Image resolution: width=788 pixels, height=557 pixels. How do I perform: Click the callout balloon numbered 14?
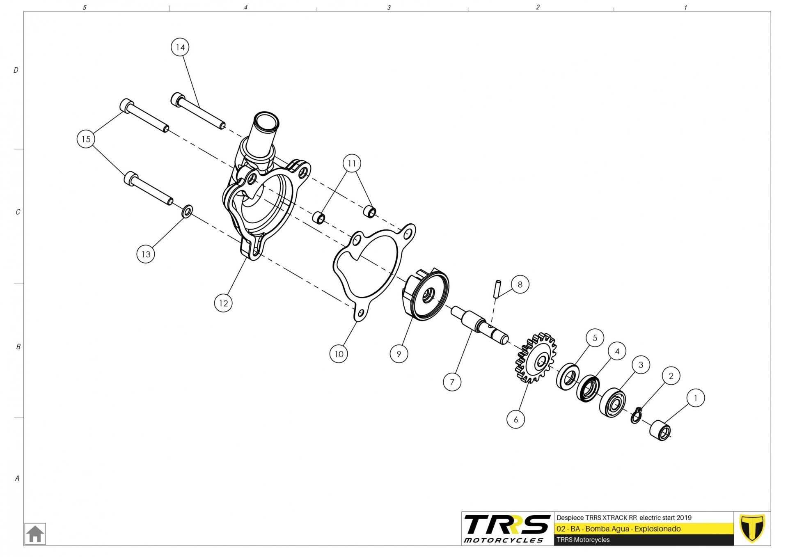click(x=180, y=47)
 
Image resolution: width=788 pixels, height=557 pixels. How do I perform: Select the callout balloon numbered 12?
click(x=223, y=303)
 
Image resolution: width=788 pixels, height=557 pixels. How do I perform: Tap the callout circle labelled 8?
click(x=520, y=284)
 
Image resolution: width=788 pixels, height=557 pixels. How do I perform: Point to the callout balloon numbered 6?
click(x=516, y=419)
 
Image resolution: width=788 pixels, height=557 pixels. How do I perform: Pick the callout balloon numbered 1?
click(x=696, y=398)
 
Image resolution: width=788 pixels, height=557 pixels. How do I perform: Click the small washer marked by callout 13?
click(x=187, y=211)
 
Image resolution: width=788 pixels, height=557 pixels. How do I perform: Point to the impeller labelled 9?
click(x=425, y=294)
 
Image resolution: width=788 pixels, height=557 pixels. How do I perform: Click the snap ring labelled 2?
click(x=636, y=415)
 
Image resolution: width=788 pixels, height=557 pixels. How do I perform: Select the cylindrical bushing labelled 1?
click(x=660, y=430)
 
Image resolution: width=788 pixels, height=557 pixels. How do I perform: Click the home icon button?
click(x=35, y=534)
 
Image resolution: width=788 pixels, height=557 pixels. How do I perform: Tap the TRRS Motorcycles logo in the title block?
click(x=507, y=529)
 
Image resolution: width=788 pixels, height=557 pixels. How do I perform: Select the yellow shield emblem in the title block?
click(x=752, y=528)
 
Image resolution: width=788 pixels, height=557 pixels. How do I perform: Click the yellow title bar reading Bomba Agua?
click(x=644, y=529)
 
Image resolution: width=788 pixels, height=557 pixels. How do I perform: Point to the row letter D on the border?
click(x=16, y=70)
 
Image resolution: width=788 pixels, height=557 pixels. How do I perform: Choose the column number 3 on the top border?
click(x=389, y=7)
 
